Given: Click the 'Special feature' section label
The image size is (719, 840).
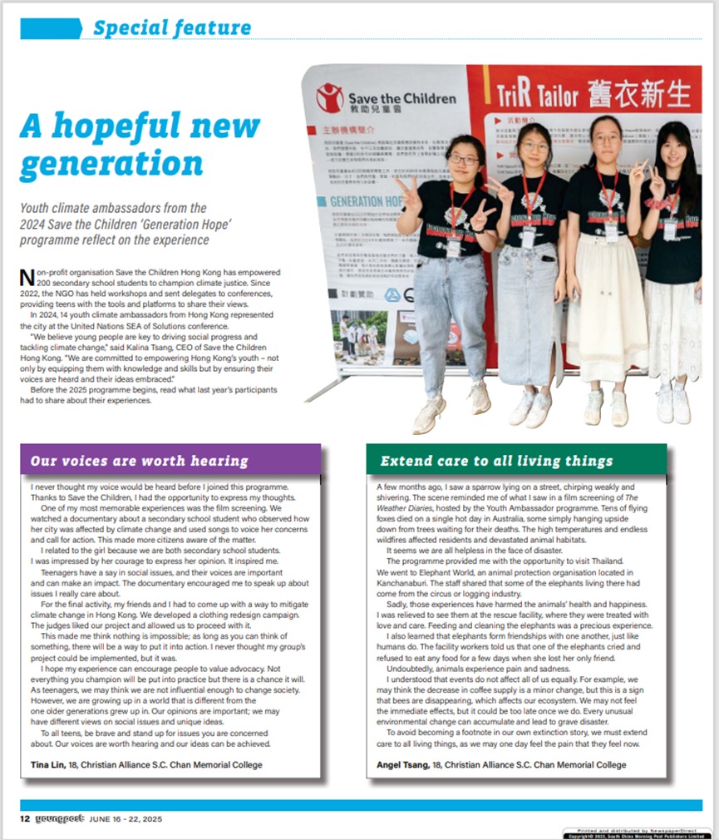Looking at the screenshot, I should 171,27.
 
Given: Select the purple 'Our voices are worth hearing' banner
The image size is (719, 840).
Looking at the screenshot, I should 170,460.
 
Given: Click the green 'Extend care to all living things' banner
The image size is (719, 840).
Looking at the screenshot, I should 515,460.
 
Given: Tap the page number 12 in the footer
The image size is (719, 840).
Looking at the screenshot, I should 25,819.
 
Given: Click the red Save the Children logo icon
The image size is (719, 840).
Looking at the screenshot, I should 330,97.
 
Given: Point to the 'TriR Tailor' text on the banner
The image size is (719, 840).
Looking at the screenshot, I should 535,93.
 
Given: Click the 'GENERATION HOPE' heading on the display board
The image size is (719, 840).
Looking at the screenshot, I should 359,201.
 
